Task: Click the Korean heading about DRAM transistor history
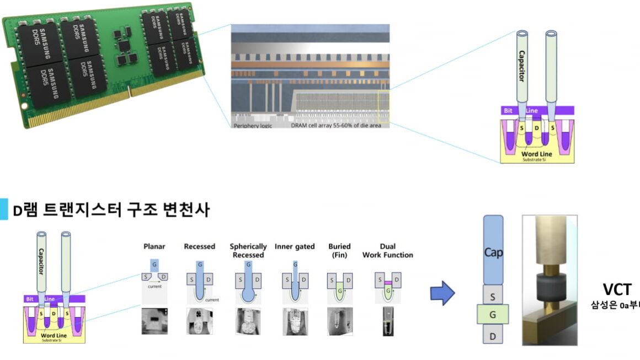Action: point(111,209)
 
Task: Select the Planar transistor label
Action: point(154,246)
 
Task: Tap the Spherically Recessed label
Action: point(248,250)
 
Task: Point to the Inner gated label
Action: point(294,246)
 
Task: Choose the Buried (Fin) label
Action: point(339,250)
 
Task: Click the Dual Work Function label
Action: point(387,250)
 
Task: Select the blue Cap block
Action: point(493,251)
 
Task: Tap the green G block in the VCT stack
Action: point(493,316)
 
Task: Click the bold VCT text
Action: point(617,289)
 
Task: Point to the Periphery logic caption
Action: point(253,126)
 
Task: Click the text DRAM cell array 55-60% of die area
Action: point(332,126)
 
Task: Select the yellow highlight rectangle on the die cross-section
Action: point(383,108)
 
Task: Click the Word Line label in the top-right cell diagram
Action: point(536,153)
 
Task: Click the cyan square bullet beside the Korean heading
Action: point(4,209)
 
